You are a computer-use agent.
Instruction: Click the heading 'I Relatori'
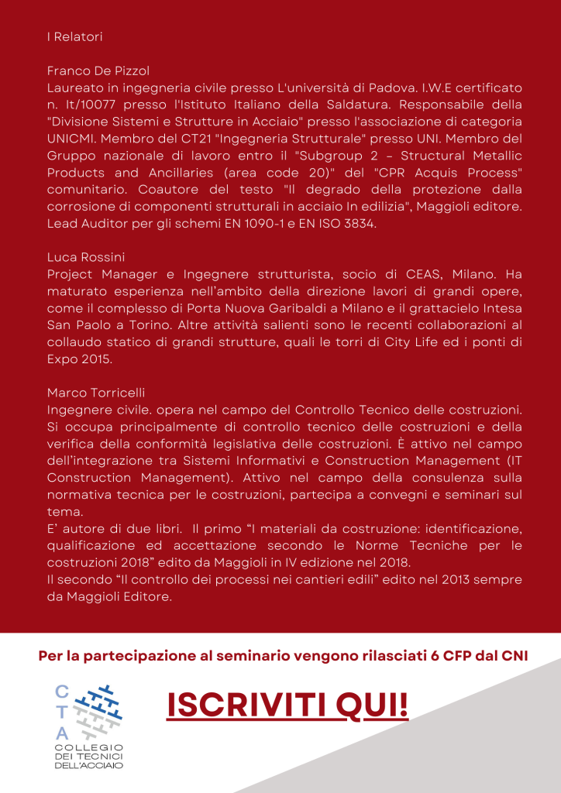tap(74, 36)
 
